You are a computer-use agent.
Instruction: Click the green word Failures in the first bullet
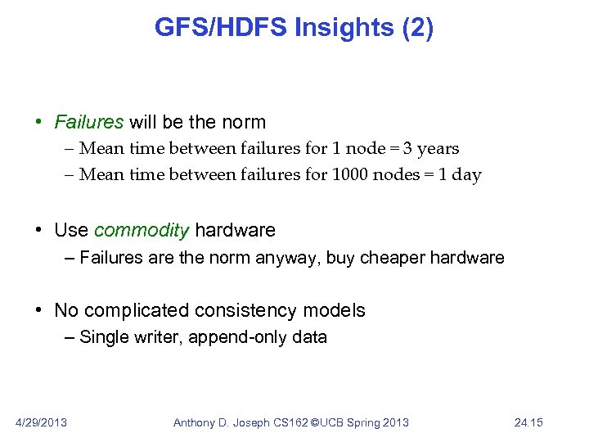[x=88, y=123]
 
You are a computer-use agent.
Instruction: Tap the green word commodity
[x=141, y=230]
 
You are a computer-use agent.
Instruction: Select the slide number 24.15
[x=528, y=422]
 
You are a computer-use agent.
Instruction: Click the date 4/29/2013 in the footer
[x=42, y=422]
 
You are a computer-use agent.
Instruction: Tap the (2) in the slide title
[x=416, y=28]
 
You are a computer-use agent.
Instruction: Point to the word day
[x=466, y=175]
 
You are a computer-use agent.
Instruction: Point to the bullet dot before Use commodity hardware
[x=39, y=231]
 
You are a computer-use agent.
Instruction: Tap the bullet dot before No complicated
[x=39, y=311]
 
